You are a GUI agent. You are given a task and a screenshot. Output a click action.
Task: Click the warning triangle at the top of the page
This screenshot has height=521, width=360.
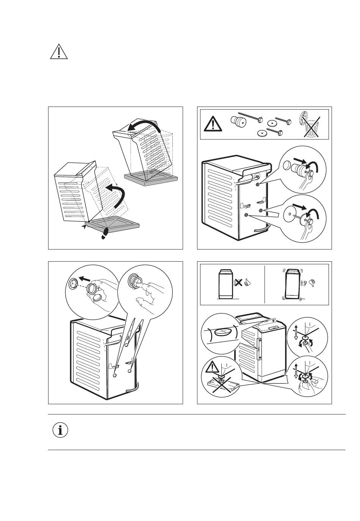click(59, 52)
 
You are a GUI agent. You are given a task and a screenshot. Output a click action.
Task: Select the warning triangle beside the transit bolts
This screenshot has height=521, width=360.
click(213, 124)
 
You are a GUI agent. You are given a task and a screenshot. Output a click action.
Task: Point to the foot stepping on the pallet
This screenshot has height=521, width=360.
click(105, 232)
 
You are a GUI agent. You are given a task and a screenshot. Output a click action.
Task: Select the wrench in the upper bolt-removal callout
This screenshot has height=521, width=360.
click(304, 183)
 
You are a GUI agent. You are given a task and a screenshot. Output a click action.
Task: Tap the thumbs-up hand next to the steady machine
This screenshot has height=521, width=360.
click(248, 282)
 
